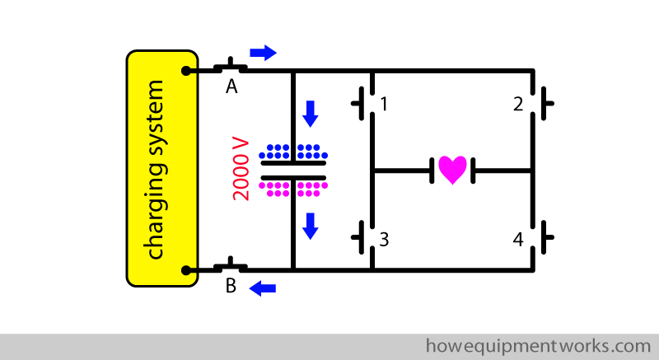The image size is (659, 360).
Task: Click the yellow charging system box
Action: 161,168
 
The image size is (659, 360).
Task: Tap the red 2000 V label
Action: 241,169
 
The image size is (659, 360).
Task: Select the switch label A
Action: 232,86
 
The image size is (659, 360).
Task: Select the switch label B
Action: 231,287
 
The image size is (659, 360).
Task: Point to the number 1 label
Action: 384,105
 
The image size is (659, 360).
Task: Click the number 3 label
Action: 384,240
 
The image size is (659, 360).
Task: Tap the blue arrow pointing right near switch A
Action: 263,53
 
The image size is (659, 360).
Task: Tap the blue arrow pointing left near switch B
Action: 263,288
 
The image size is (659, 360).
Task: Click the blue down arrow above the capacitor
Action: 310,113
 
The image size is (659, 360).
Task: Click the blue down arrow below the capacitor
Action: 310,225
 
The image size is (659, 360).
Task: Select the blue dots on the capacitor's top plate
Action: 292,152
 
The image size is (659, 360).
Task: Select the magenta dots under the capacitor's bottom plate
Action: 292,189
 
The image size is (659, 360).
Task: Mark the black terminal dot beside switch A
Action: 189,70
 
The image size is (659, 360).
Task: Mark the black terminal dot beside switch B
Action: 189,269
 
